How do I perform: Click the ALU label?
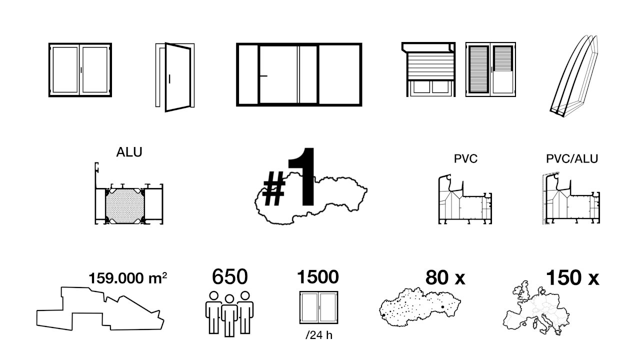click(x=129, y=152)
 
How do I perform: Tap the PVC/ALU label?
click(x=572, y=158)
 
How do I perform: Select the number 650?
click(x=229, y=276)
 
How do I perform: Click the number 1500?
click(x=317, y=276)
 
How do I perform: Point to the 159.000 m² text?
click(x=127, y=277)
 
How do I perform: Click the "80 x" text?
click(x=445, y=277)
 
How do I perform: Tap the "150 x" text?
click(x=572, y=277)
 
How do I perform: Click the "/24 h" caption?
click(x=319, y=335)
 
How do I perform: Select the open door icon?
click(x=175, y=77)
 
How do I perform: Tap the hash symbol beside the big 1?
click(x=273, y=188)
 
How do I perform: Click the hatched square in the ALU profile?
click(x=125, y=205)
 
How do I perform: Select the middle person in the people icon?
click(x=229, y=315)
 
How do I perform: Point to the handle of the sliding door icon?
click(x=263, y=76)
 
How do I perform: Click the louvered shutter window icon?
click(x=490, y=69)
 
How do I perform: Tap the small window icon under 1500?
click(x=319, y=307)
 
